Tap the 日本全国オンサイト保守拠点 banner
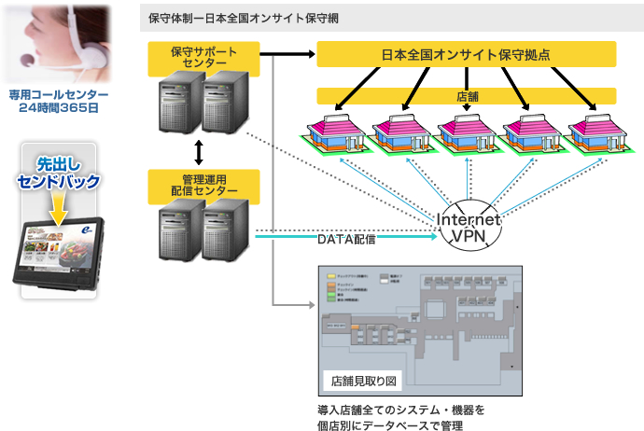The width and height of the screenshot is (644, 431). pyautogui.click(x=466, y=54)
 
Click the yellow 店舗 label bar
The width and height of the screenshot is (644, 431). pyautogui.click(x=466, y=95)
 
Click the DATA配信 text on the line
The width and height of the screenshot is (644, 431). pyautogui.click(x=345, y=240)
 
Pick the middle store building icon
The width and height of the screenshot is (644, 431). pyautogui.click(x=467, y=131)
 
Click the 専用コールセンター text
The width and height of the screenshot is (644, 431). pyautogui.click(x=59, y=95)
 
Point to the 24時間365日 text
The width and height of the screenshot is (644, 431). pyautogui.click(x=59, y=108)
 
